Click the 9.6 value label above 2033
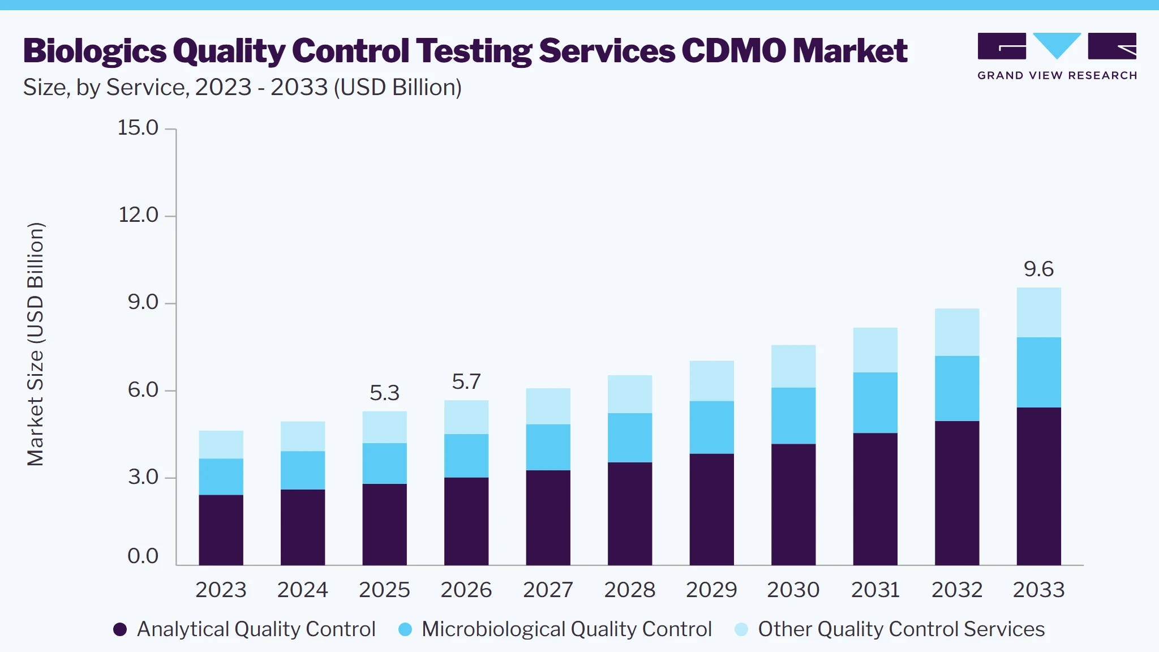pyautogui.click(x=1038, y=269)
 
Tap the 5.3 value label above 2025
pyautogui.click(x=384, y=393)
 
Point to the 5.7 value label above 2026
pyautogui.click(x=466, y=381)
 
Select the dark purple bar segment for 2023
pyautogui.click(x=221, y=530)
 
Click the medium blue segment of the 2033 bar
pyautogui.click(x=1038, y=372)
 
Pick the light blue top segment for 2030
pyautogui.click(x=793, y=366)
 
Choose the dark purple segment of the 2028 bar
pyautogui.click(x=630, y=513)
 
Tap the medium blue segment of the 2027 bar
pyautogui.click(x=548, y=447)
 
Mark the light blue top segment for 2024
pyautogui.click(x=303, y=436)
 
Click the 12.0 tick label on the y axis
pyautogui.click(x=138, y=215)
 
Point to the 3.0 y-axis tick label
pyautogui.click(x=143, y=477)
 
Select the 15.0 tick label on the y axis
pyautogui.click(x=138, y=128)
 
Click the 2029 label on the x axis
pyautogui.click(x=711, y=590)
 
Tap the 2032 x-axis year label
pyautogui.click(x=957, y=590)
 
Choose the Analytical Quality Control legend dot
pyautogui.click(x=120, y=629)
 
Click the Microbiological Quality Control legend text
pyautogui.click(x=566, y=629)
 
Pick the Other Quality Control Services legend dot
pyautogui.click(x=741, y=629)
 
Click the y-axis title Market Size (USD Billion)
pyautogui.click(x=35, y=344)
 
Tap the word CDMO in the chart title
pyautogui.click(x=734, y=51)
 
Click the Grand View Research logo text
pyautogui.click(x=1057, y=76)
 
